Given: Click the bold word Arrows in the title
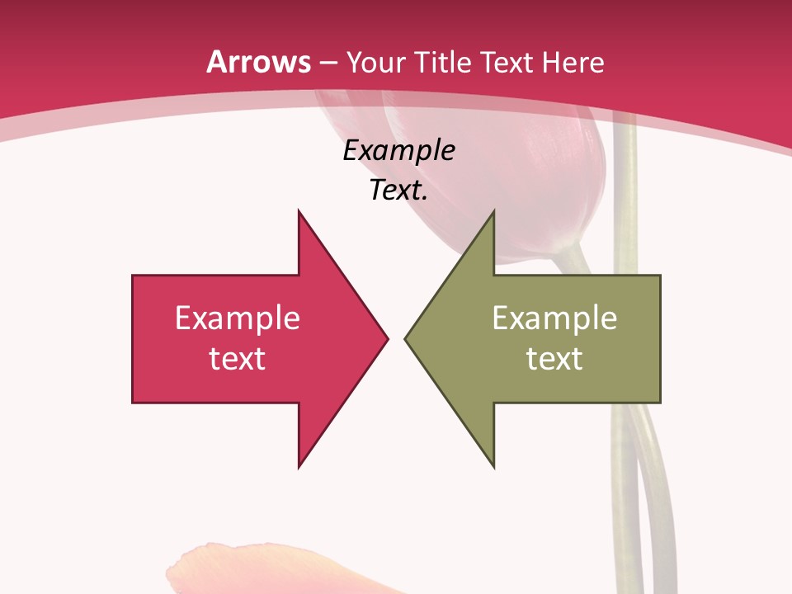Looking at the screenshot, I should coord(259,62).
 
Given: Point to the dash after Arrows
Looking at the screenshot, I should coord(328,63).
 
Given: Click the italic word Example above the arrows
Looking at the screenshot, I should coord(398,151).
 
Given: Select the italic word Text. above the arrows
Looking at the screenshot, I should coord(398,191).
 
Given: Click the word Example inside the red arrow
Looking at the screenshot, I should coord(238,318).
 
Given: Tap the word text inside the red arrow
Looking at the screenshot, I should coord(238,358).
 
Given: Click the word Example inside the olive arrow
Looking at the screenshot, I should coord(554,318).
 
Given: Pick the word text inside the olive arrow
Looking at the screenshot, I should coord(554,358).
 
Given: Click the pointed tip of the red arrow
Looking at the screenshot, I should coord(386,338).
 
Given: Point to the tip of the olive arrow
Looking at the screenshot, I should coord(407,338).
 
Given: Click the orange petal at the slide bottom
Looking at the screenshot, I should coord(247,569).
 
